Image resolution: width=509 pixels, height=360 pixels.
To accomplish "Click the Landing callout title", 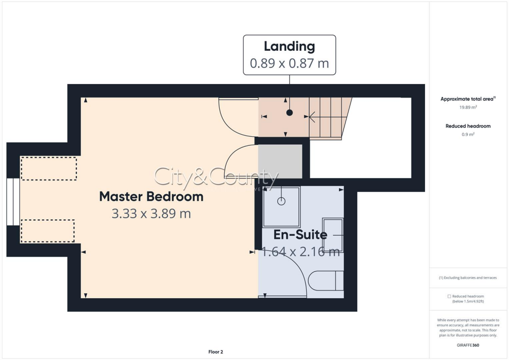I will point(289,47).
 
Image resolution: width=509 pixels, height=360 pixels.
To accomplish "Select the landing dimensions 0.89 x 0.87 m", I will point(289,64).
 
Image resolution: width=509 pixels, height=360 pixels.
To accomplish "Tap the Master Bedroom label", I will point(151,196).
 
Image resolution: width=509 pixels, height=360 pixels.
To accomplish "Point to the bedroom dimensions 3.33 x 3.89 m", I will point(151,214).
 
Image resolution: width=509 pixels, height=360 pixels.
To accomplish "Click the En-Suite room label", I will point(300,235).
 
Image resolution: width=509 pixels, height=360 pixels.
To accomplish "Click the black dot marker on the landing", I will point(289,113).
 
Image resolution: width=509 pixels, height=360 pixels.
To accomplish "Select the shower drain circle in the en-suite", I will point(281,201).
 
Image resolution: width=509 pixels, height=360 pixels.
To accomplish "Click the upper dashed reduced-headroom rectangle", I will point(49,169).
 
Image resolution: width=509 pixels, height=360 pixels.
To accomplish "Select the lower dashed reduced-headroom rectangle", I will point(48,231).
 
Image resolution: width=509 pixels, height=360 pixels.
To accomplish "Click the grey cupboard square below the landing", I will point(280,161).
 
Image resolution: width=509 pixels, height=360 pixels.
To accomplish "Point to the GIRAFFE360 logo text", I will point(468,345).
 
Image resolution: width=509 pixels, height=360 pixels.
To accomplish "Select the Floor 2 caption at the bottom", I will point(215,352).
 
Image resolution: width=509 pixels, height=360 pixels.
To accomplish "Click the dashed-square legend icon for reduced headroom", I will point(449,296).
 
